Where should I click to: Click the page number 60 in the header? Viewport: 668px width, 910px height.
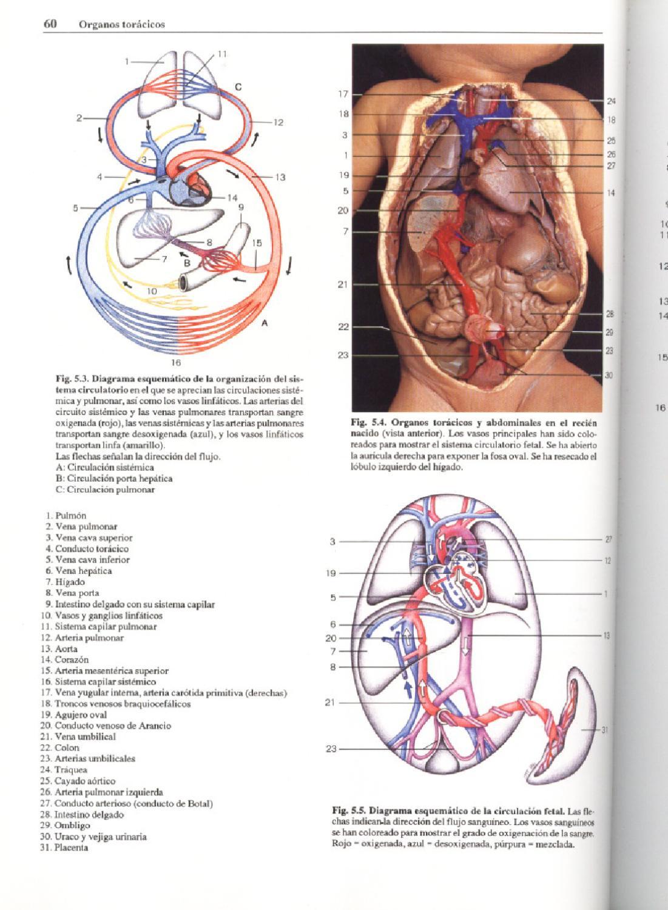[x=50, y=24]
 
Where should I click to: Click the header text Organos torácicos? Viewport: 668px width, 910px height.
[x=122, y=25]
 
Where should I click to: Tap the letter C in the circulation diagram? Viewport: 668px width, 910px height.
[x=238, y=87]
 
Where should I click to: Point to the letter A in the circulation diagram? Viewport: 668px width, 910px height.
[x=265, y=323]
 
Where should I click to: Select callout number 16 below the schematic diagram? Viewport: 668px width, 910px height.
[x=176, y=363]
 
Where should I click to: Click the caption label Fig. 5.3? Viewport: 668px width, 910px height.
[x=70, y=377]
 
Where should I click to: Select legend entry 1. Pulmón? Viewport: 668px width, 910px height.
[x=66, y=516]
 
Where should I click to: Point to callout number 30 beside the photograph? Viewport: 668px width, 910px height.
[x=609, y=376]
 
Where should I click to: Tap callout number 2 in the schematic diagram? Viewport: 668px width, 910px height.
[x=79, y=118]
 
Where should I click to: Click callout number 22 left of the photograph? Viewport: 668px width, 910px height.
[x=343, y=328]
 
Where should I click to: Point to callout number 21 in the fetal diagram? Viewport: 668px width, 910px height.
[x=330, y=703]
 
